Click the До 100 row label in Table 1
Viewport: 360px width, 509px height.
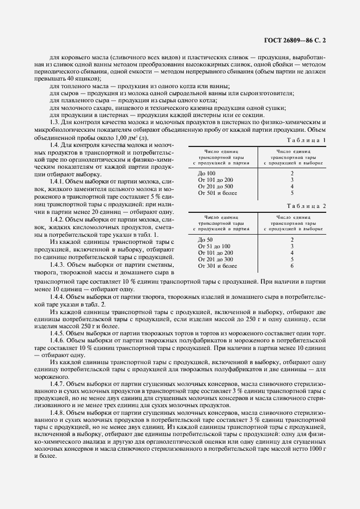(208, 173)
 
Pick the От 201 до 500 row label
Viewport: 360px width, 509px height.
(216, 186)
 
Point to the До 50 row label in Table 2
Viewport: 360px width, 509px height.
(206, 240)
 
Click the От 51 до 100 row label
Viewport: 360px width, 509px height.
(214, 246)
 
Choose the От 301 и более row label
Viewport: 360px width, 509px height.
(217, 266)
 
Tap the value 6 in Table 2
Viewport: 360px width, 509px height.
(292, 266)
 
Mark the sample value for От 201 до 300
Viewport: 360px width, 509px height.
(292, 259)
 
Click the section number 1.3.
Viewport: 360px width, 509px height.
(56, 122)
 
